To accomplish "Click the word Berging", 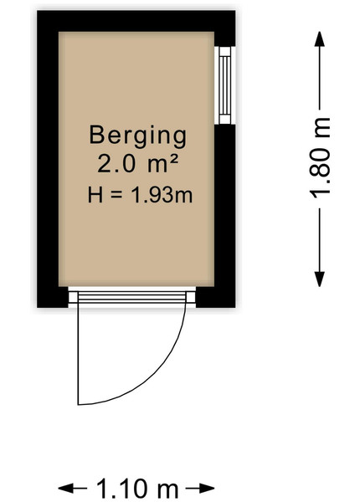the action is click(x=138, y=136).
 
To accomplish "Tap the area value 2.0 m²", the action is click(x=138, y=164).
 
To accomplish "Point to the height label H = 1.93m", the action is click(x=141, y=195).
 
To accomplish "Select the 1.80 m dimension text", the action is click(x=320, y=158).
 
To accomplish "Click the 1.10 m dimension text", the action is click(x=137, y=489).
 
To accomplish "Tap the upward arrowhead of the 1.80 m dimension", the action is click(x=320, y=39).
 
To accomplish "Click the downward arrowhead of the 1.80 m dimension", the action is click(x=320, y=279).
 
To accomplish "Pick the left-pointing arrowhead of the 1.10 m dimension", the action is click(x=65, y=489).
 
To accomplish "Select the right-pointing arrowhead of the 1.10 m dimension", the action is click(x=207, y=489).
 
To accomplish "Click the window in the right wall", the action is click(x=225, y=85).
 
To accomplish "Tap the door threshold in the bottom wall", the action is click(x=132, y=297).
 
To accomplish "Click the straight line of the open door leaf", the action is click(x=78, y=353).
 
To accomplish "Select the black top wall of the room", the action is click(x=136, y=21).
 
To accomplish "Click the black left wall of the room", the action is click(x=48, y=159).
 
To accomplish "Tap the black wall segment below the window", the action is click(x=225, y=205).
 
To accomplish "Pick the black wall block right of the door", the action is click(x=215, y=297).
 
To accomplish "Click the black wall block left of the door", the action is click(x=53, y=297).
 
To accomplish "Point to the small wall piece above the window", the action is click(x=225, y=39).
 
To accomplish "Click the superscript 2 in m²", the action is click(x=173, y=158).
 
